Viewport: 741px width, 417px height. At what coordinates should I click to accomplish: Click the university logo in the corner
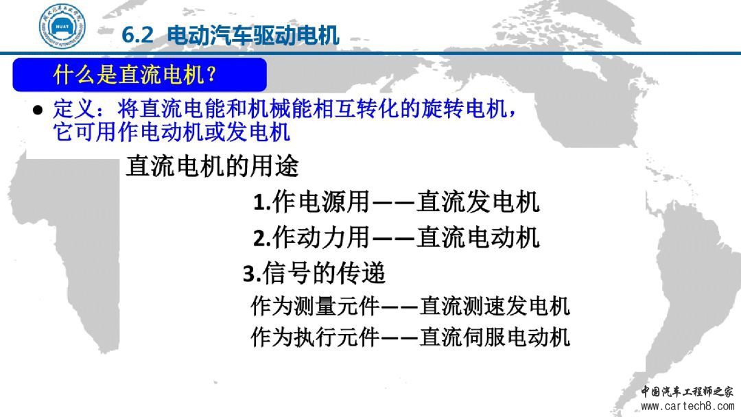62,27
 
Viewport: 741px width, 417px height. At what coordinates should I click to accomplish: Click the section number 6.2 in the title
137,35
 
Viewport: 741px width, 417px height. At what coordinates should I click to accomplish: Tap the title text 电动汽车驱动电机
253,35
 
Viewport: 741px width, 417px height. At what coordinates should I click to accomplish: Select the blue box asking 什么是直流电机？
139,75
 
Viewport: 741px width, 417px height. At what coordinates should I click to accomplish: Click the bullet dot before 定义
38,110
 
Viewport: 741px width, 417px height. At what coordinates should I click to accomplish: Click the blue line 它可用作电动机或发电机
171,131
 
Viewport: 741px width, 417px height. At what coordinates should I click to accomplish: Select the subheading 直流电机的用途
212,166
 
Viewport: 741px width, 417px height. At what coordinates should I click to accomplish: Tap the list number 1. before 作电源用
262,202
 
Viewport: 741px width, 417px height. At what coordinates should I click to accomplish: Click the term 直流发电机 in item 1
478,202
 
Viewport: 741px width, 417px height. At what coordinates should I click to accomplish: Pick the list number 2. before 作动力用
262,238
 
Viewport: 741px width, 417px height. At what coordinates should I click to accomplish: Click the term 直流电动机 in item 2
478,237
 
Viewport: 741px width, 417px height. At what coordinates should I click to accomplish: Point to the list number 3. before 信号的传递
252,274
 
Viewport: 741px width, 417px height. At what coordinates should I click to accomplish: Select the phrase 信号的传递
324,273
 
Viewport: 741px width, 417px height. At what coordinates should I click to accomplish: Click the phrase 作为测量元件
315,305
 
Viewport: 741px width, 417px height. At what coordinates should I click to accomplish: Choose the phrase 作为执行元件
315,337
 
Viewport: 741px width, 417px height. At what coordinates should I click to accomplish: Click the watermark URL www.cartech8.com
687,406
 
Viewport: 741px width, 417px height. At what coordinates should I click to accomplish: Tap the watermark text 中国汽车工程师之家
687,392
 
